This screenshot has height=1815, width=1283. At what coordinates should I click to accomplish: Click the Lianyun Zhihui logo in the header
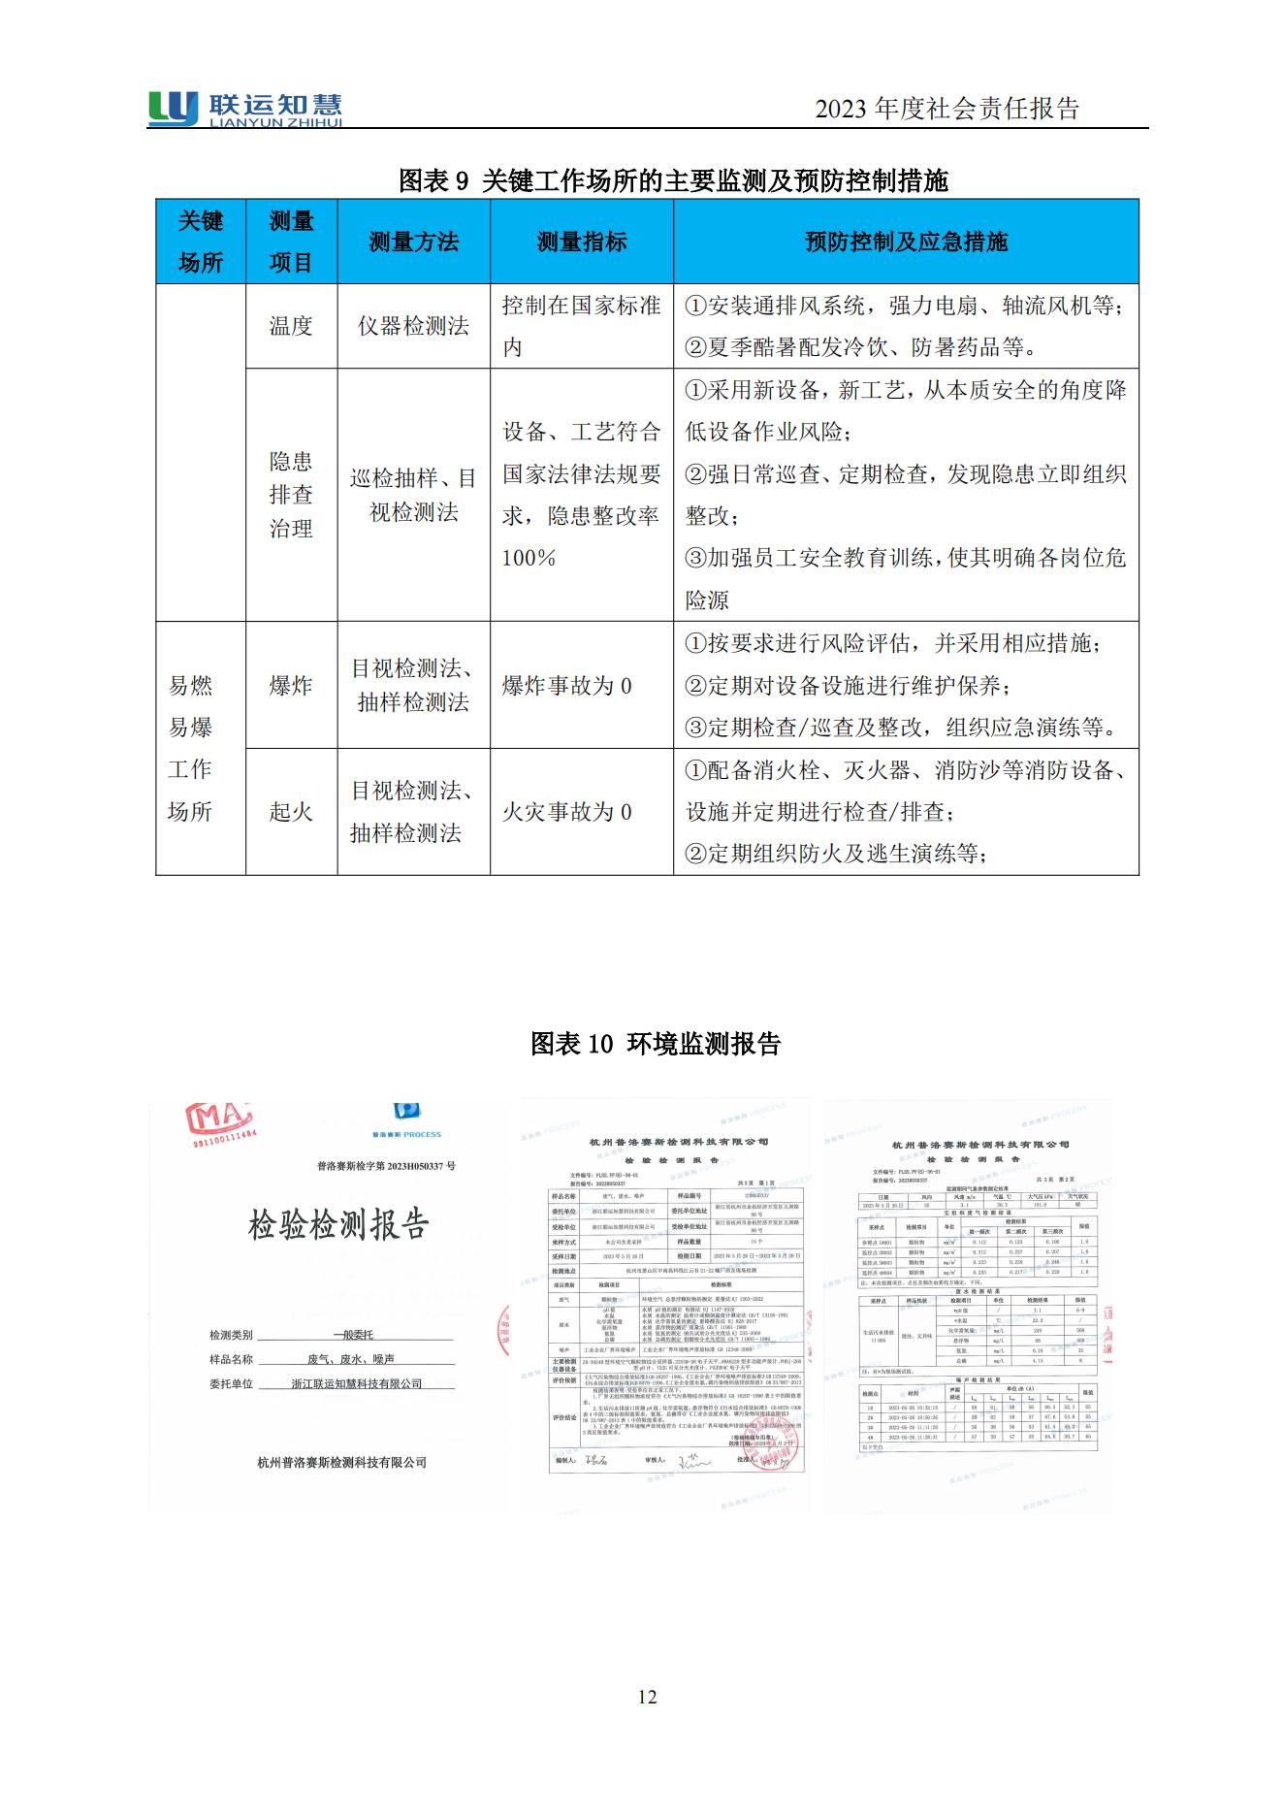[245, 108]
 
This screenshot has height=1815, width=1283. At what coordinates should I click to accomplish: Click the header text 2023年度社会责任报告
[946, 109]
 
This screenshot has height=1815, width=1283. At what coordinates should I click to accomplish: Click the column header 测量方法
[413, 242]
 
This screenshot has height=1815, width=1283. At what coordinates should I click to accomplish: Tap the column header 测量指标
[582, 242]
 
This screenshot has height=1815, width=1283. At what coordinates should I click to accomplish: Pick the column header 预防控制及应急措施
[906, 242]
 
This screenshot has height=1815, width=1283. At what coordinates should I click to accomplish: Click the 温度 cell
[291, 326]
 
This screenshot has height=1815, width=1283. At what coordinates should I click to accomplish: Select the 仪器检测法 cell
[413, 326]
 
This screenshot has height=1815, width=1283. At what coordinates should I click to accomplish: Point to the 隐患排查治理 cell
[291, 495]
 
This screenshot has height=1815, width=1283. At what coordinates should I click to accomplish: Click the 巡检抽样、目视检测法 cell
[413, 495]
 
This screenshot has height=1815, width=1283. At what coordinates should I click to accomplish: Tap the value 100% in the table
[529, 558]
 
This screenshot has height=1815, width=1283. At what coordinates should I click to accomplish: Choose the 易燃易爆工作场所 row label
[190, 748]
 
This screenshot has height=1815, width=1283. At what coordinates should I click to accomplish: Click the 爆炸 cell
[291, 685]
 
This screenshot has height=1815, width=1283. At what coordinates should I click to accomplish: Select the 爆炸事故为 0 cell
[567, 686]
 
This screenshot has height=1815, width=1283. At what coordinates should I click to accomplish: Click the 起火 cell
[291, 812]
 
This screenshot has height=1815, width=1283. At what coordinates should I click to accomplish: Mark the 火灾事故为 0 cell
[567, 812]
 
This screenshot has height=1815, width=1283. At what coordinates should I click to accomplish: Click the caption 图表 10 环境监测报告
[656, 1044]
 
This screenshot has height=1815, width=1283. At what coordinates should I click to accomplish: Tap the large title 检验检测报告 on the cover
[337, 1224]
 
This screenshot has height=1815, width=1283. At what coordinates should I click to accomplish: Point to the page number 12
[648, 1697]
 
